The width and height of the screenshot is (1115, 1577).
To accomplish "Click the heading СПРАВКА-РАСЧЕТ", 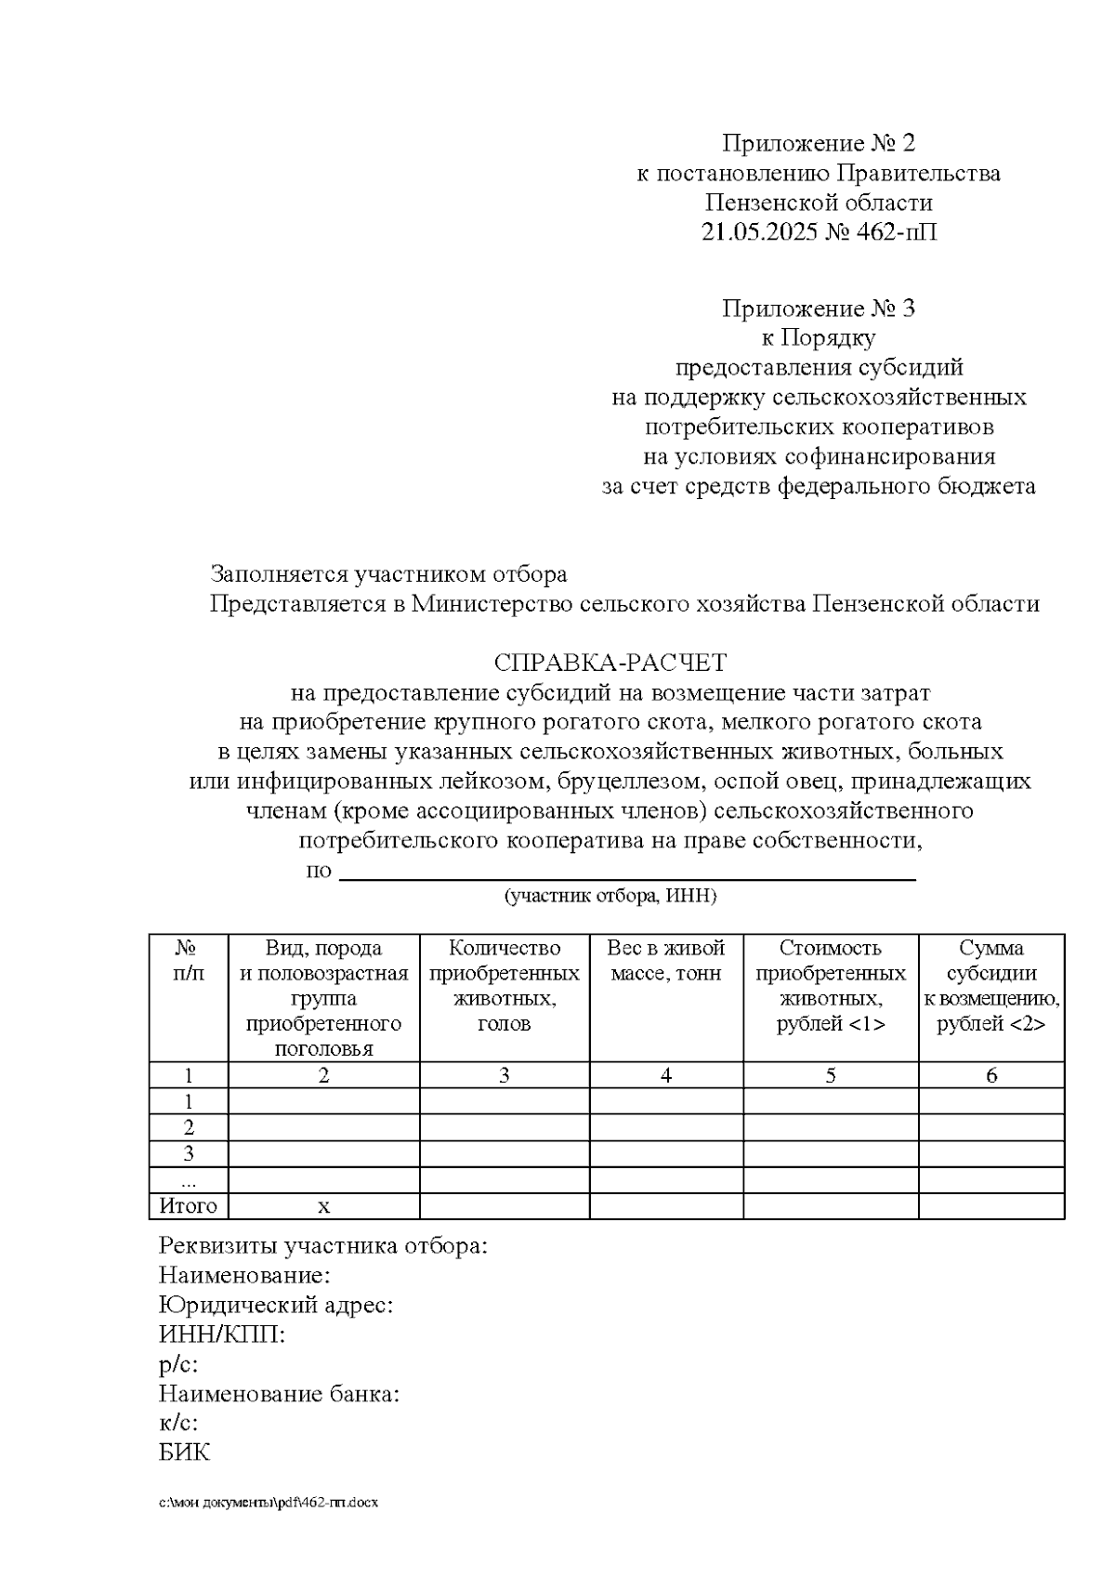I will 610,664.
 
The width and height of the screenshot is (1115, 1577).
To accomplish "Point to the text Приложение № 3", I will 819,309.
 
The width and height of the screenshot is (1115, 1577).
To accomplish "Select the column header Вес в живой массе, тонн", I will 665,961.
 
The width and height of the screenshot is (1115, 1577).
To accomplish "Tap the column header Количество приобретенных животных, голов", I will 504,986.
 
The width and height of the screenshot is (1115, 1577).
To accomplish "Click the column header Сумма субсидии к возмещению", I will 990,986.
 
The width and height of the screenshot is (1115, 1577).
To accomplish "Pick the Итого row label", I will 188,1206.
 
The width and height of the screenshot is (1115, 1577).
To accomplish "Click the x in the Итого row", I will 323,1207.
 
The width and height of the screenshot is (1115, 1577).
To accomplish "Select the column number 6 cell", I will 990,1075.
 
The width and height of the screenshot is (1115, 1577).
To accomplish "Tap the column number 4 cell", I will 665,1075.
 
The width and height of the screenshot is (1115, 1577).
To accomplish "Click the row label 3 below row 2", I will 189,1154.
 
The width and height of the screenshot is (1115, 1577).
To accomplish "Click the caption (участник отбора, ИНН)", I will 610,897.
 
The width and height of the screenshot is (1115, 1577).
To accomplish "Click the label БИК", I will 184,1452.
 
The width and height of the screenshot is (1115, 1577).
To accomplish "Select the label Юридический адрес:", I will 276,1306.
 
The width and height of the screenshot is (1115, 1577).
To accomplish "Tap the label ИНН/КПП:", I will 222,1335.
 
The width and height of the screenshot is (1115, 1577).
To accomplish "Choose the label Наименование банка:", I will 279,1394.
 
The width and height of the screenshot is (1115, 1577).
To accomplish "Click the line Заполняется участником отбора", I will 388,574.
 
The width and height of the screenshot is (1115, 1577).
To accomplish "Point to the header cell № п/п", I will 189,961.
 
